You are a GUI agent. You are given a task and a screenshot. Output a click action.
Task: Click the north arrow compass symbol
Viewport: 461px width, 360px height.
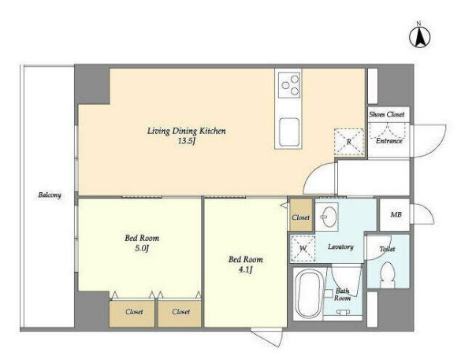[x=419, y=36]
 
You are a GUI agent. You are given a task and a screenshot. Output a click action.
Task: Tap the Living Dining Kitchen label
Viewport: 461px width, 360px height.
[x=187, y=131]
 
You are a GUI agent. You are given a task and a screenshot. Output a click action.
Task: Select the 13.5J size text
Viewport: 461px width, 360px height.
[x=187, y=142]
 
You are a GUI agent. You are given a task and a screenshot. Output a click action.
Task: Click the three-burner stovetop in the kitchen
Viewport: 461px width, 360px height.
[x=289, y=85]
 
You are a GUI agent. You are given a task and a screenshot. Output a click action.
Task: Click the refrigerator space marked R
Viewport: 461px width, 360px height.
[x=349, y=142]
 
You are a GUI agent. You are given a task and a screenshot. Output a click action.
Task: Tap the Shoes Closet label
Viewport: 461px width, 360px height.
[x=387, y=114]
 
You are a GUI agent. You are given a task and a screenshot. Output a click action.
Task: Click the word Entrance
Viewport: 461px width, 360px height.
[x=389, y=141]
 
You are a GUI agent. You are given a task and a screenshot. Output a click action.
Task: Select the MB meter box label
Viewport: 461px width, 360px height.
[x=396, y=214]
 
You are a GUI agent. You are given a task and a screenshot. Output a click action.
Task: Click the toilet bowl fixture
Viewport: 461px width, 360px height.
[x=387, y=274]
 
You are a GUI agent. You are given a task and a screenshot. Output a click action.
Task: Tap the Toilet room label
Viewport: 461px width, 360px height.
[x=387, y=249]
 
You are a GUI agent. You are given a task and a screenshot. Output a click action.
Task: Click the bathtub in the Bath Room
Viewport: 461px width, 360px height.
[x=309, y=294]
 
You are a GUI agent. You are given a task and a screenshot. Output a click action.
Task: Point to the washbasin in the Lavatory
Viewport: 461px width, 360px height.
[x=328, y=217]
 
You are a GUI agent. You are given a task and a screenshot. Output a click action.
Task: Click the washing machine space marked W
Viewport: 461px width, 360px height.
[x=303, y=248]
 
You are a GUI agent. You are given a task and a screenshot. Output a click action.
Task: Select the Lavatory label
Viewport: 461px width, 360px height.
[x=340, y=247]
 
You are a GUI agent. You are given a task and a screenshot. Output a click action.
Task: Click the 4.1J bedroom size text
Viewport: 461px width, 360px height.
[x=246, y=269]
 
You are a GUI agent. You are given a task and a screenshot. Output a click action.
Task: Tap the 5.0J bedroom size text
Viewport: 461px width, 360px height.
[x=142, y=248]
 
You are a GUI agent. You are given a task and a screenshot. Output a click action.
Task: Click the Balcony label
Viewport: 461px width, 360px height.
[x=50, y=195]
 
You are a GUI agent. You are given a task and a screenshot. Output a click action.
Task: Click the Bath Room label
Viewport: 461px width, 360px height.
[x=342, y=295]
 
